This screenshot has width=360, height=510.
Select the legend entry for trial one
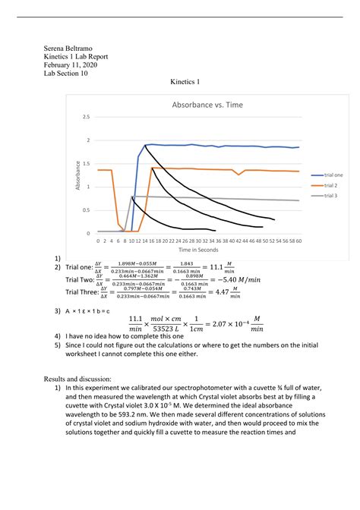coord(333,175)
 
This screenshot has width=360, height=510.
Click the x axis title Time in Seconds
coord(199,250)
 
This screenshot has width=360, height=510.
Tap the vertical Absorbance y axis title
coord(77,175)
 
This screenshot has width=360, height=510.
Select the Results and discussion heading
coord(77,377)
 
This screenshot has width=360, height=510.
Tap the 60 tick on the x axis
coord(301,241)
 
